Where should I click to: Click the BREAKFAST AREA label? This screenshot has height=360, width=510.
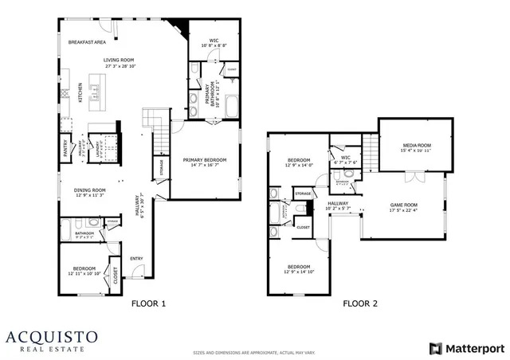tap(87, 41)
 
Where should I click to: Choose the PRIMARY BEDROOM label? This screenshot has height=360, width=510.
tap(205, 160)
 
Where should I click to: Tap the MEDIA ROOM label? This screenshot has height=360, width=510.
tap(415, 145)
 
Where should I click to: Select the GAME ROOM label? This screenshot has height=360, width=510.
tap(403, 205)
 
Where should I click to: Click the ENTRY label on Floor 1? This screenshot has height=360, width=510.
tap(136, 258)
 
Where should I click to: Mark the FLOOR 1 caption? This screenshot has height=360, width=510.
tap(148, 303)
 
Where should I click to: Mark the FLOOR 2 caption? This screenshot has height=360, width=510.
tap(361, 303)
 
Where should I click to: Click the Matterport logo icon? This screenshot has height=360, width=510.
tap(434, 348)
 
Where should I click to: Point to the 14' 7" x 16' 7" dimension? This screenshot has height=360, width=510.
tap(205, 166)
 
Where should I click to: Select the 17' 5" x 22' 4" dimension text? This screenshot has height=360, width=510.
tap(403, 211)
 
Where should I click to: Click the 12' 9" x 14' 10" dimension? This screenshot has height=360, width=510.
tap(299, 272)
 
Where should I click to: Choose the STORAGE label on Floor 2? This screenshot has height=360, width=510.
tap(303, 194)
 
